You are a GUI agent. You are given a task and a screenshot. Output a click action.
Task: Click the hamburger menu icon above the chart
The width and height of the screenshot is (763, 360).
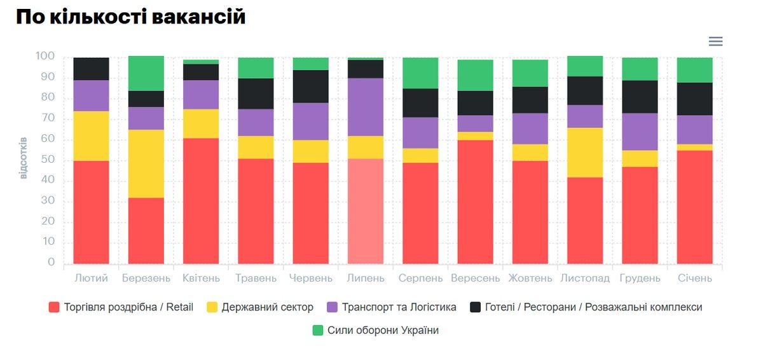click(x=715, y=41)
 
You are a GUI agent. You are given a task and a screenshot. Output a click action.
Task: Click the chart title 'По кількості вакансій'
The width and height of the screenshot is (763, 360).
click(x=130, y=17)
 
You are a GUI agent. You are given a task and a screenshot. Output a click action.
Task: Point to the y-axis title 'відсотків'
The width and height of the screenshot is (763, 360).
click(x=24, y=157)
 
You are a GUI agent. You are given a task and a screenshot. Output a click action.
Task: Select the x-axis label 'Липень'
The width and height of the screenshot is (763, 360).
click(x=366, y=279)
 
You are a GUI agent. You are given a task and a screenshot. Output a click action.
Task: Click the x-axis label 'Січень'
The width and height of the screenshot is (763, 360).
click(x=694, y=279)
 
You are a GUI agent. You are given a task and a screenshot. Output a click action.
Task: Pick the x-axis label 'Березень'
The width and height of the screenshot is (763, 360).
click(x=146, y=279)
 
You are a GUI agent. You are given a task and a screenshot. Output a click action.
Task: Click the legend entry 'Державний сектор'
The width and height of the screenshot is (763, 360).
click(x=267, y=307)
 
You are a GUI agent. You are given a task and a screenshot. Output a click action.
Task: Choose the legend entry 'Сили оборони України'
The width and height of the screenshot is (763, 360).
click(x=383, y=330)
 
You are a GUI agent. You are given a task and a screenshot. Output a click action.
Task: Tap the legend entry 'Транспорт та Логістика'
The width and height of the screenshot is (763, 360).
click(x=399, y=307)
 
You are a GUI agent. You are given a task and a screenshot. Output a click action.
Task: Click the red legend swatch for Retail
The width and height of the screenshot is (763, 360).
click(x=54, y=307)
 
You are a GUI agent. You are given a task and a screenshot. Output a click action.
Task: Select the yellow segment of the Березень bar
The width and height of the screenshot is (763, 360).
click(x=146, y=163)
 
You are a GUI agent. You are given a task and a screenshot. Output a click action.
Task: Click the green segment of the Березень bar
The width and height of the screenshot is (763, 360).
click(x=146, y=73)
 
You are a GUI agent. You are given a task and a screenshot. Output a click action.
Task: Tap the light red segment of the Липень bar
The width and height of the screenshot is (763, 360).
click(x=366, y=211)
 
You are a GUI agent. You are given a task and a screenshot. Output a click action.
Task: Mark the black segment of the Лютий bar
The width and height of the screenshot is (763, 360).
click(x=92, y=69)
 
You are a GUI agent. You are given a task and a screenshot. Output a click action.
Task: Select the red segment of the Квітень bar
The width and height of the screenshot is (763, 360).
click(x=201, y=201)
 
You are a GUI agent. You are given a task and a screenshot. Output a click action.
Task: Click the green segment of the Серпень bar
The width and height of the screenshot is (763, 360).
click(x=420, y=73)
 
